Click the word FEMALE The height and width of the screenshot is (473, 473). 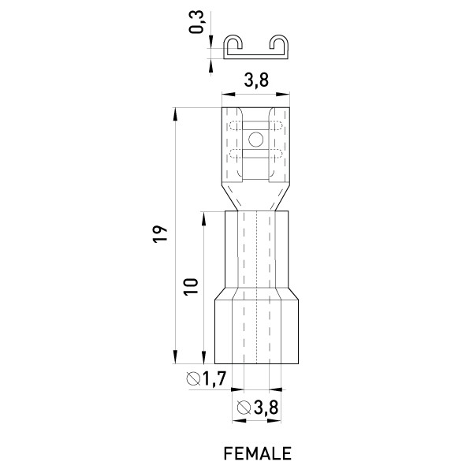(x=257, y=453)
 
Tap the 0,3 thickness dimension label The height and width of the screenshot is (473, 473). (x=196, y=22)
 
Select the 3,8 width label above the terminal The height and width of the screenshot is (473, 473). (x=256, y=80)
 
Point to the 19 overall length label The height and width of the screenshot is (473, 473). (x=160, y=234)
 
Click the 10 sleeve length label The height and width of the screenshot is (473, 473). (x=192, y=286)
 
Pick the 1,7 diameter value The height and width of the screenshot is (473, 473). (x=214, y=378)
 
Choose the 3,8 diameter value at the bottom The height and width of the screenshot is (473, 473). (x=266, y=408)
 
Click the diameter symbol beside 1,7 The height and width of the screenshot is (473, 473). (x=193, y=379)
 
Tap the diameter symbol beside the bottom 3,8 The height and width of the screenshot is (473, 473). (x=244, y=408)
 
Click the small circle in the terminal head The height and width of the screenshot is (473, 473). (x=255, y=140)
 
